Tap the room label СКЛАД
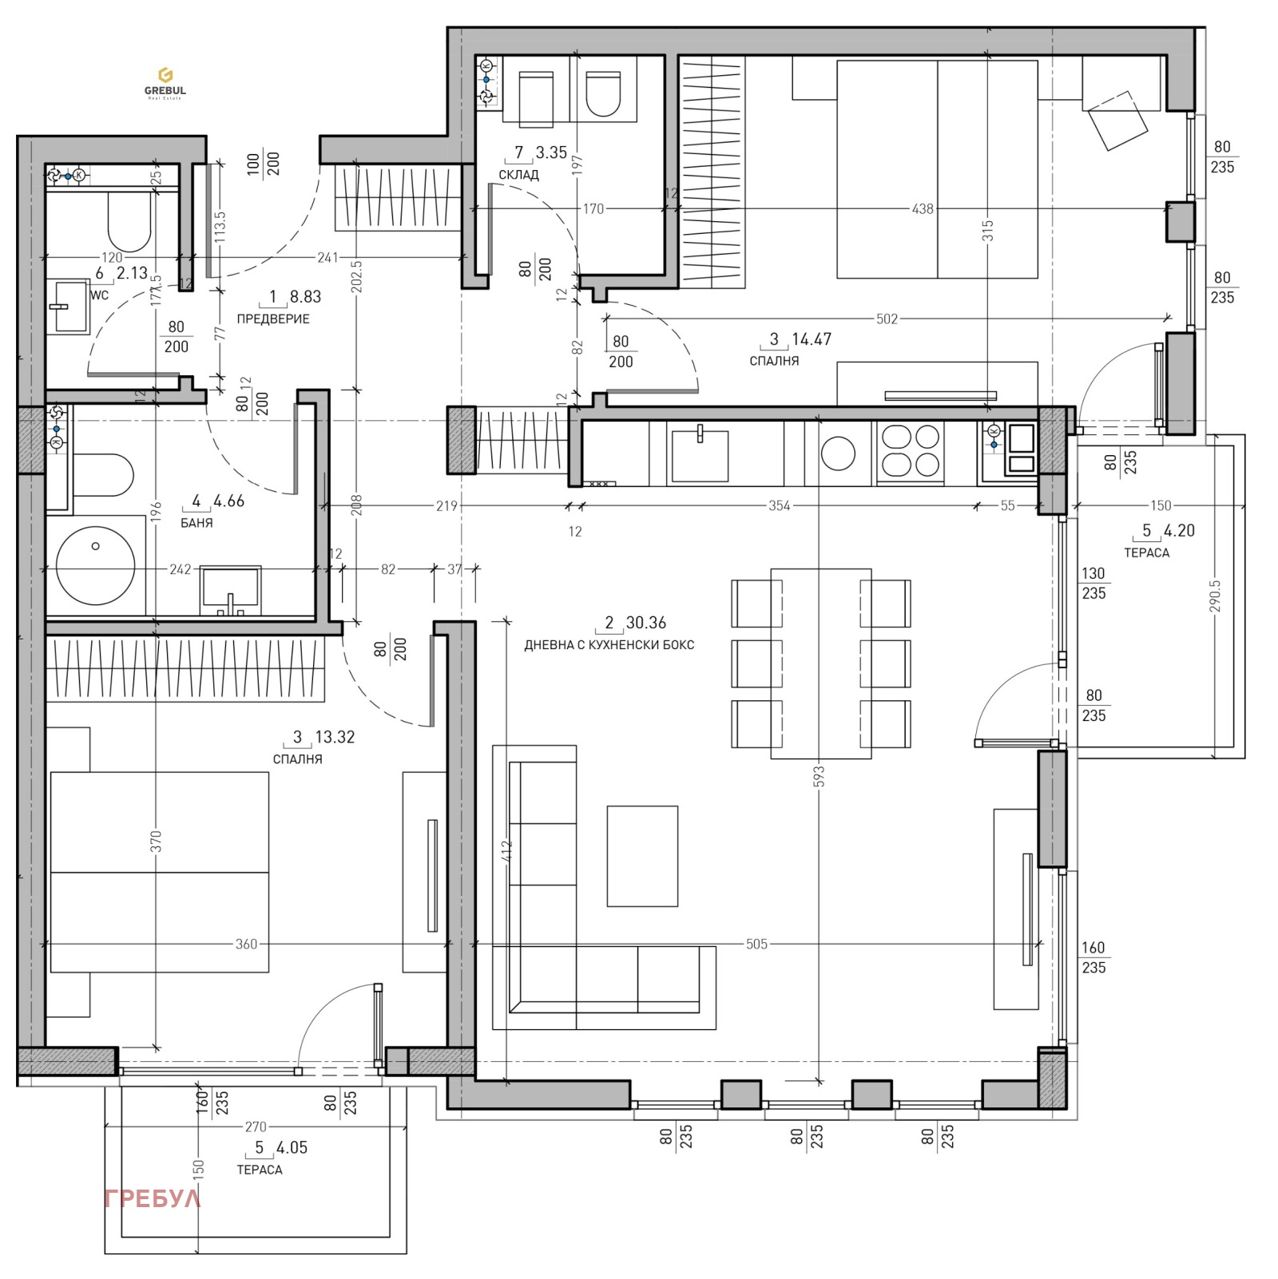click(518, 175)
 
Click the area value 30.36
click(645, 623)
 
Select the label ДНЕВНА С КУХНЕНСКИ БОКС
click(609, 645)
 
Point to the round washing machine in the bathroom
click(95, 566)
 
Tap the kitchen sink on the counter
click(700, 455)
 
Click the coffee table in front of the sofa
click(642, 856)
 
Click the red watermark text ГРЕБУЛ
click(153, 1198)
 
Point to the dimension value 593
click(819, 777)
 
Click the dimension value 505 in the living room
click(756, 944)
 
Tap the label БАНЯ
click(196, 523)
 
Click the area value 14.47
click(811, 339)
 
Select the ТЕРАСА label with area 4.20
click(1146, 552)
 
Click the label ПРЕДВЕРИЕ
click(273, 319)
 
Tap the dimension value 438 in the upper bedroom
click(922, 209)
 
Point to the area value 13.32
click(335, 737)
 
